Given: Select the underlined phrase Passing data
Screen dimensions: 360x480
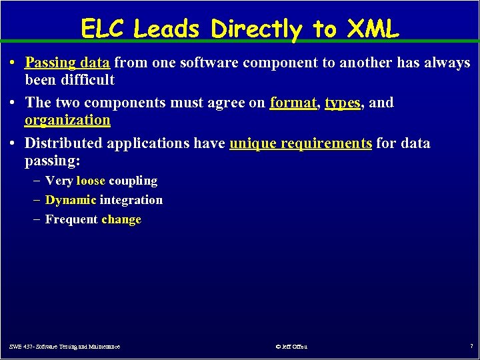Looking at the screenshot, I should pos(67,63).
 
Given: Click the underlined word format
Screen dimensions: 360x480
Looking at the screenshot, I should pos(294,103).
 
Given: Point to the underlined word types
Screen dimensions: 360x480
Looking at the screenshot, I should pos(342,103).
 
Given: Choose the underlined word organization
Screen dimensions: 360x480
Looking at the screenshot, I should pos(67,120).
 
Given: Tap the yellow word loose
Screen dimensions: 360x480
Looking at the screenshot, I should pos(91,181).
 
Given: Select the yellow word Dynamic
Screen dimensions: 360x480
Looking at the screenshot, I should pos(71,200).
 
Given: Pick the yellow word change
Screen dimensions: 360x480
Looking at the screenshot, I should pos(121,219).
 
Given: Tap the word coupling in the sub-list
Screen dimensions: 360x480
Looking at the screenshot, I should pos(133,181).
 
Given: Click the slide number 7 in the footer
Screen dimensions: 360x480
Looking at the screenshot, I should pos(471,347).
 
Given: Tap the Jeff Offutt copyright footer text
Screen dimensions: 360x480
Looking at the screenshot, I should pos(291,347).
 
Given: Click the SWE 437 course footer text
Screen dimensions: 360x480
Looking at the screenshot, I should pos(65,347).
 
